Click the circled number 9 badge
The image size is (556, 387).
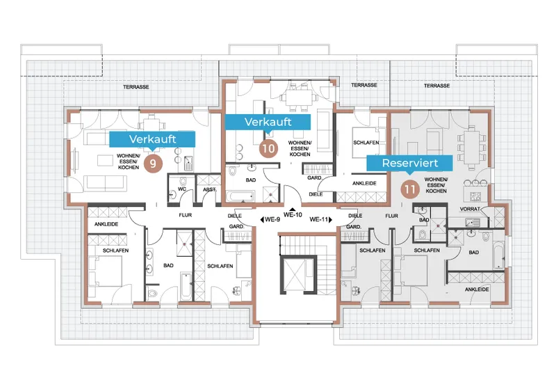pyautogui.click(x=153, y=164)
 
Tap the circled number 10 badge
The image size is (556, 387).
pyautogui.click(x=268, y=148)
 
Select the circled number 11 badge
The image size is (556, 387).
pyautogui.click(x=410, y=189)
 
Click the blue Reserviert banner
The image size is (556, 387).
pyautogui.click(x=409, y=164)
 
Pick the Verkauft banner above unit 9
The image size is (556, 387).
pyautogui.click(x=152, y=139)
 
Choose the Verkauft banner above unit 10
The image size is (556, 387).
pyautogui.click(x=268, y=122)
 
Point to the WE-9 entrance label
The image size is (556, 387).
pyautogui.click(x=270, y=220)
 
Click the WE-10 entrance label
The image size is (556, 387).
pyautogui.click(x=293, y=214)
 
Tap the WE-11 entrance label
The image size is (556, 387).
pyautogui.click(x=320, y=220)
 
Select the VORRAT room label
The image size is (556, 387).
pyautogui.click(x=470, y=209)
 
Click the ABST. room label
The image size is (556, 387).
pyautogui.click(x=209, y=189)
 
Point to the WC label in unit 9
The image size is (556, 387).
pyautogui.click(x=182, y=189)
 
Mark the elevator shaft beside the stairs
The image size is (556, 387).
pyautogui.click(x=298, y=274)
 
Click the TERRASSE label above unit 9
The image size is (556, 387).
pyautogui.click(x=136, y=87)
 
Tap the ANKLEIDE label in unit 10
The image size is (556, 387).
pyautogui.click(x=364, y=183)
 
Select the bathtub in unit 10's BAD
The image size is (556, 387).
pyautogui.click(x=240, y=196)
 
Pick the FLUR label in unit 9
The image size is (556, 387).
pyautogui.click(x=185, y=215)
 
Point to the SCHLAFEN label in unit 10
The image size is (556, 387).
pyautogui.click(x=366, y=143)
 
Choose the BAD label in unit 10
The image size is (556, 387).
pyautogui.click(x=251, y=180)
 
